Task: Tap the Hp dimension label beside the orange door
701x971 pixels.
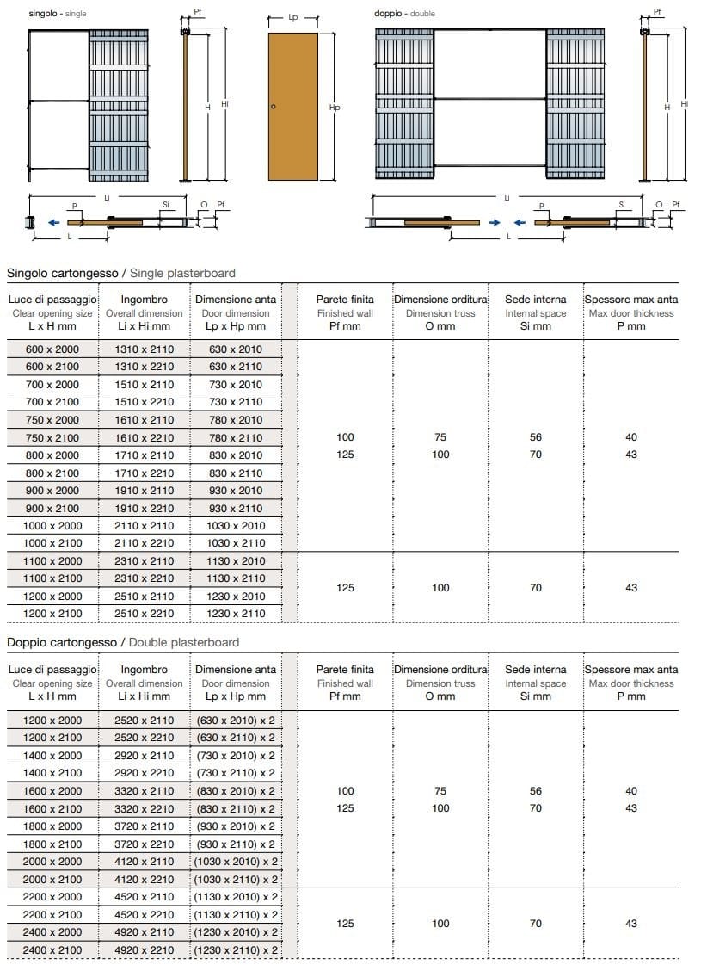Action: click(335, 108)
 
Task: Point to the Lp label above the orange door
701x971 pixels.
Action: click(293, 16)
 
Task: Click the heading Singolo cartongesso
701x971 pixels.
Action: click(63, 273)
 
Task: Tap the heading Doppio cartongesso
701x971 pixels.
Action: click(63, 642)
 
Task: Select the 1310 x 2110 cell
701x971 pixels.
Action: click(144, 349)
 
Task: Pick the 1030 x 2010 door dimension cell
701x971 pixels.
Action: click(236, 526)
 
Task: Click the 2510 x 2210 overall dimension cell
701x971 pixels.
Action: click(144, 614)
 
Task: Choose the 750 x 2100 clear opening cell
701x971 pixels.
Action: click(52, 437)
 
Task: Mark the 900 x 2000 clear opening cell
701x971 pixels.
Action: click(52, 491)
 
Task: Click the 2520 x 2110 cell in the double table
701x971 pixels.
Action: click(144, 721)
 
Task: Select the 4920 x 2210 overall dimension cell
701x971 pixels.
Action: click(144, 950)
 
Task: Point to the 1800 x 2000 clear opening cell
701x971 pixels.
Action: click(52, 826)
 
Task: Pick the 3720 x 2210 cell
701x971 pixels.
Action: click(144, 844)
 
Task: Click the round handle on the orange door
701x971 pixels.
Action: click(273, 107)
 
